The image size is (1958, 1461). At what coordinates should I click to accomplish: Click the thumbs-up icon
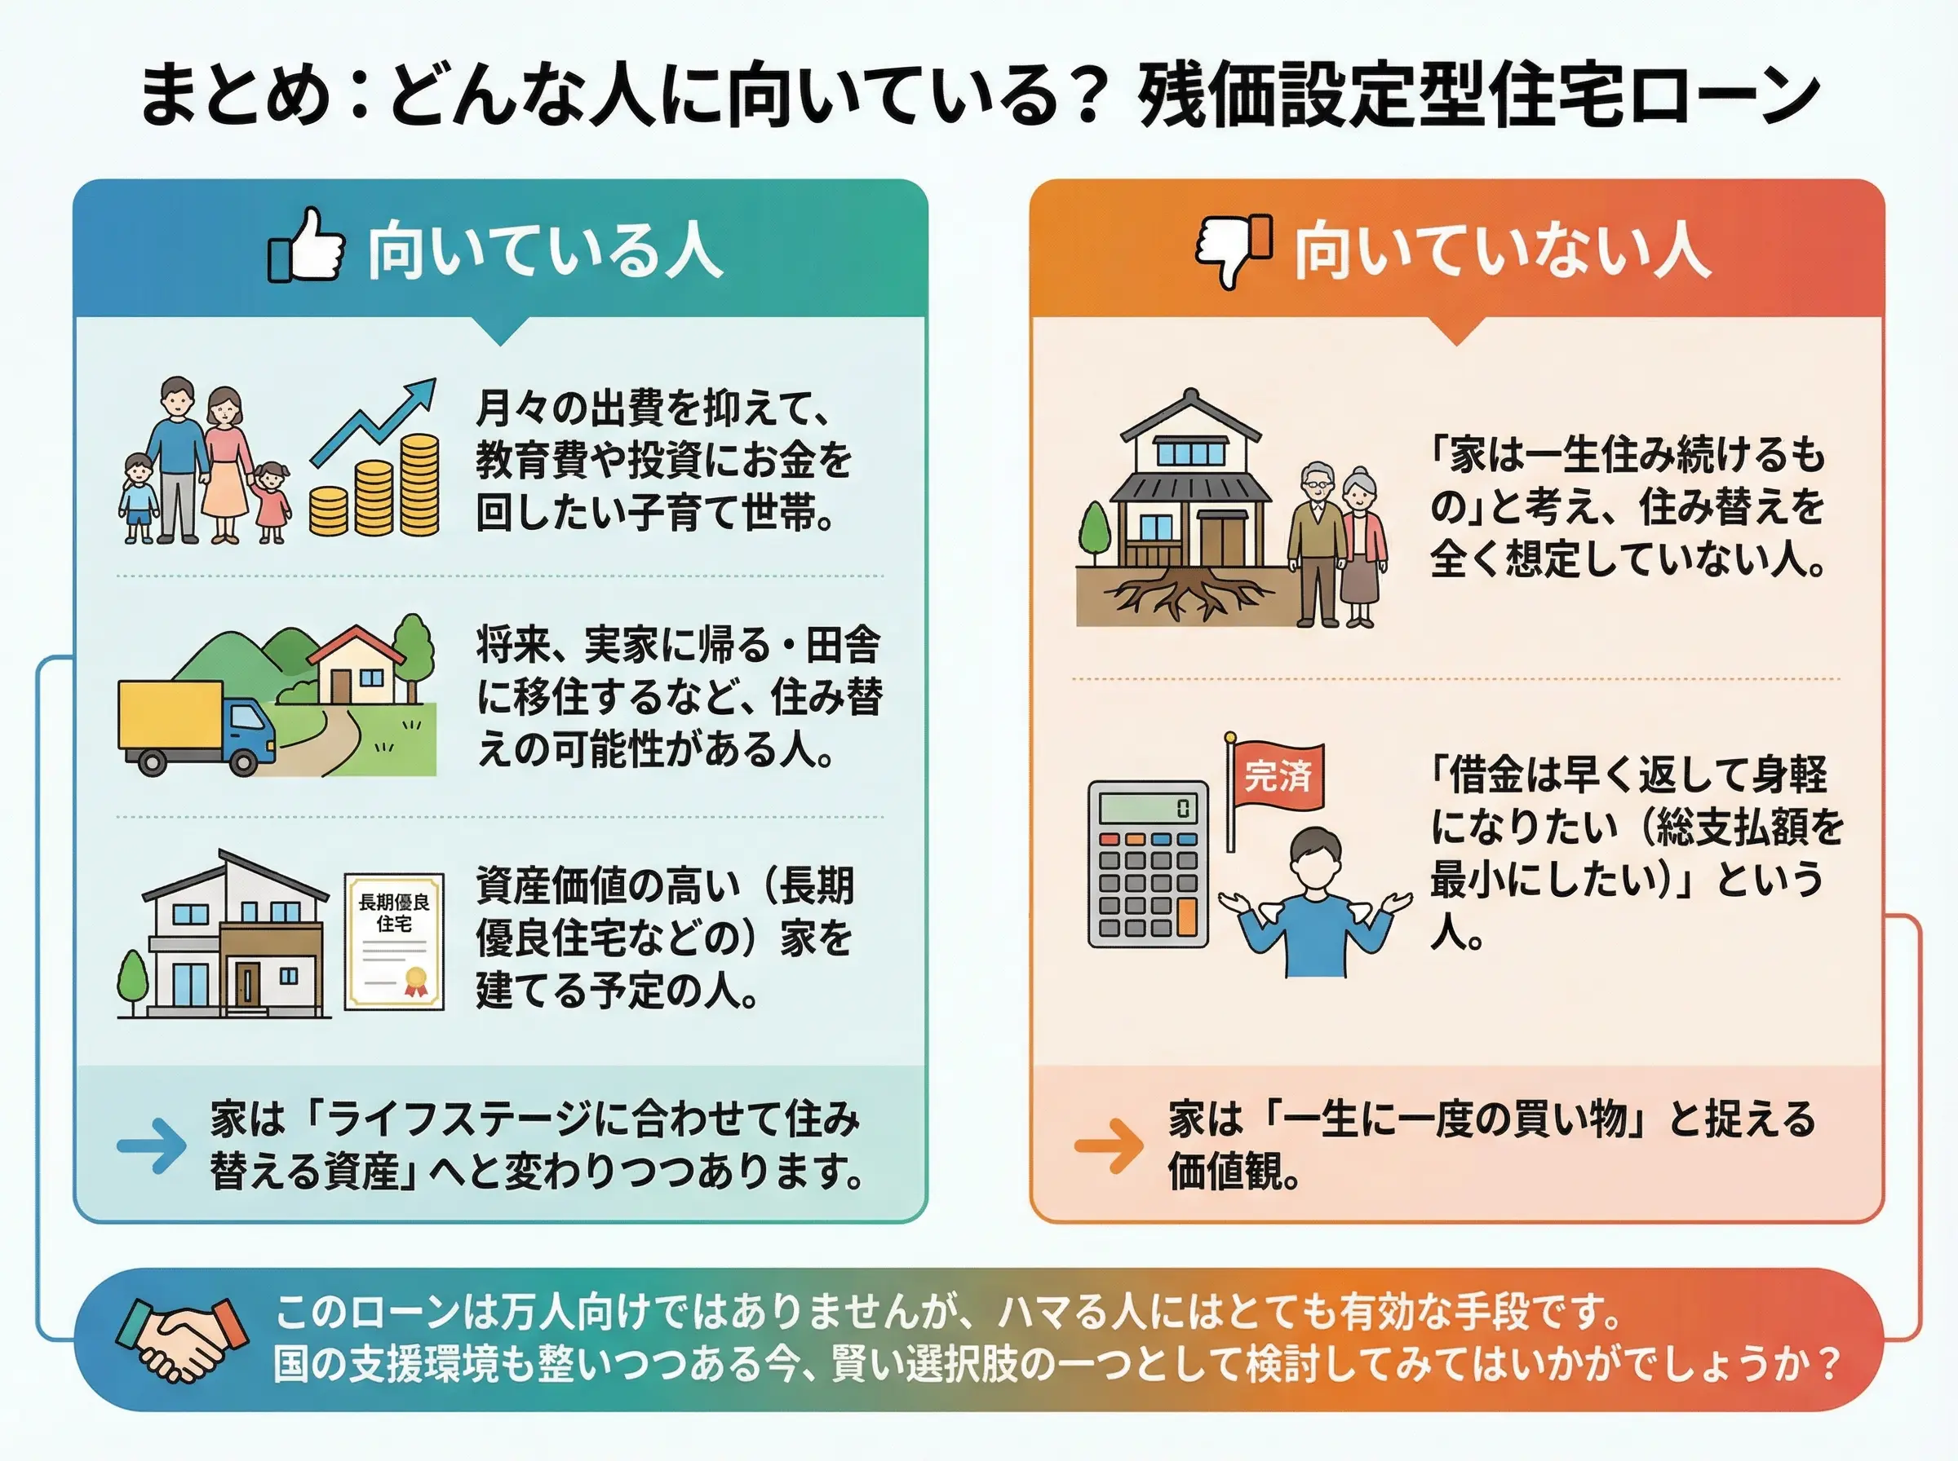(x=306, y=246)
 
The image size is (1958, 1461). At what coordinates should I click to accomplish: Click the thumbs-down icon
(x=1234, y=249)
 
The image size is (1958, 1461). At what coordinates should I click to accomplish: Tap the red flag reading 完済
(x=1278, y=775)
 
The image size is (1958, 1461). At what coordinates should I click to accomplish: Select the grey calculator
(x=1147, y=864)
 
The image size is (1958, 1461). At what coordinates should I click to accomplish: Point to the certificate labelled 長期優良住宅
(x=394, y=941)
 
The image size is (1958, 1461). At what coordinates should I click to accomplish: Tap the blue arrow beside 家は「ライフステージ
(x=151, y=1146)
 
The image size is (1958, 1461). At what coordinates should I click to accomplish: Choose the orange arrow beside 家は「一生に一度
(x=1109, y=1146)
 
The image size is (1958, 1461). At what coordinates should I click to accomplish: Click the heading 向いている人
(x=544, y=250)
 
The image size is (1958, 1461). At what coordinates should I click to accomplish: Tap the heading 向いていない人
(x=1500, y=250)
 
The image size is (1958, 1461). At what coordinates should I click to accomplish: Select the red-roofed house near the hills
(x=357, y=664)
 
